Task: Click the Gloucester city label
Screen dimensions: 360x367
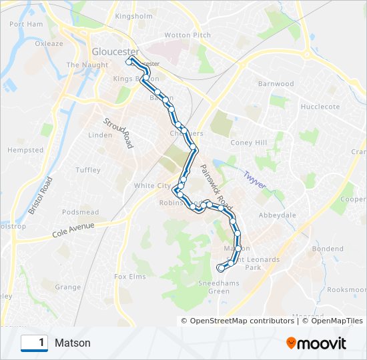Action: [x=115, y=51]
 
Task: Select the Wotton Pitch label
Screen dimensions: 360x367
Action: [x=188, y=35]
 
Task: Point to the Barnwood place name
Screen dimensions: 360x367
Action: [x=276, y=84]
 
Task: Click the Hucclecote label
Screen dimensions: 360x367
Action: [x=320, y=107]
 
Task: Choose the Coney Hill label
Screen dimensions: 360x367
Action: [x=248, y=143]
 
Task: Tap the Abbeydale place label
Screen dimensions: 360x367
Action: [x=277, y=215]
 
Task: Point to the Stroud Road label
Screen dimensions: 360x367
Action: [x=117, y=133]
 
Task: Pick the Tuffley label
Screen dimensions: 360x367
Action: [x=88, y=171]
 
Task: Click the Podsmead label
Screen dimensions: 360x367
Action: [x=80, y=213]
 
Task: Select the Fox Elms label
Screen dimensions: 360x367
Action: [x=129, y=276]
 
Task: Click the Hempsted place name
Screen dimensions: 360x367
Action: [x=25, y=151]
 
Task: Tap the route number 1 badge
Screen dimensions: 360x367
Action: [x=35, y=343]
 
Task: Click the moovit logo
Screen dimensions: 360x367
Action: [x=316, y=343]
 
